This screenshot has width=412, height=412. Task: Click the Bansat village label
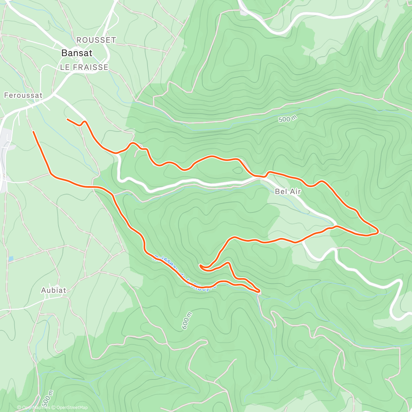[77, 53]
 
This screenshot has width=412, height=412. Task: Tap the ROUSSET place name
[96, 40]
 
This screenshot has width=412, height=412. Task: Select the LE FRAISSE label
[84, 67]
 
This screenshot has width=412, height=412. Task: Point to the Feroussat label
[23, 95]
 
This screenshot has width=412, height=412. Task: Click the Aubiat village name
[54, 290]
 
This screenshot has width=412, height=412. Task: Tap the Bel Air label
[288, 192]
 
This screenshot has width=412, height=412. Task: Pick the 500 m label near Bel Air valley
[288, 119]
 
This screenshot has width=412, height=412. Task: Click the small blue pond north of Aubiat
[11, 258]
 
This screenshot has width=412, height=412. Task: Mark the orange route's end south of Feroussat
[33, 131]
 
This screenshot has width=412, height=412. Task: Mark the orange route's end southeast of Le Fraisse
[67, 119]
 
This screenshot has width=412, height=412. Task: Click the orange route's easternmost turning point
[378, 232]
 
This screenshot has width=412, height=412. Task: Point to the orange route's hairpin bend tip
[200, 266]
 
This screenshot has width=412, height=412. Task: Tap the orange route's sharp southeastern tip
[259, 292]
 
